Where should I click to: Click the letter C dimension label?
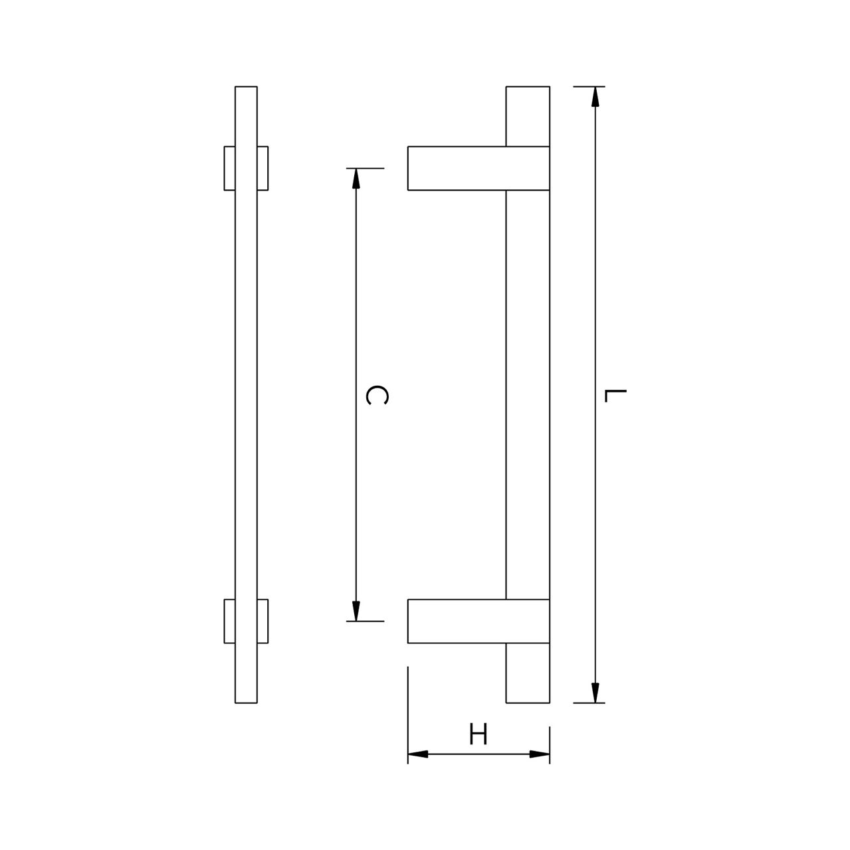377,394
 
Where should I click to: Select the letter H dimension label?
478,735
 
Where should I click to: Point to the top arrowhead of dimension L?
595,97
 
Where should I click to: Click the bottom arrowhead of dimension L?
595,692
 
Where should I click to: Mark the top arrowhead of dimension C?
356,179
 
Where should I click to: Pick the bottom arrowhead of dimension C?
356,611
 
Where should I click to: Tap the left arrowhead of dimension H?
418,754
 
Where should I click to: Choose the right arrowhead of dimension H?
539,754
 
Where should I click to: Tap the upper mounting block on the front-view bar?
246,168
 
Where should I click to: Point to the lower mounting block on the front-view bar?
246,621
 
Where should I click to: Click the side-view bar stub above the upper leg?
528,116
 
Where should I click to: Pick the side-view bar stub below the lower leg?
528,673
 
